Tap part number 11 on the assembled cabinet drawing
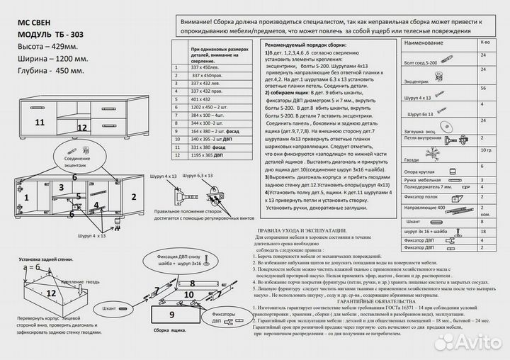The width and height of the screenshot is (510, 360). tap(40, 123)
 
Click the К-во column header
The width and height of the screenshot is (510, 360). tap(484, 44)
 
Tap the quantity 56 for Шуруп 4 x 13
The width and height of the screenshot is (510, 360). tap(484, 88)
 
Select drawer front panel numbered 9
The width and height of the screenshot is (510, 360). tap(171, 313)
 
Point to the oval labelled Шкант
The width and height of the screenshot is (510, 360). tap(109, 310)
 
